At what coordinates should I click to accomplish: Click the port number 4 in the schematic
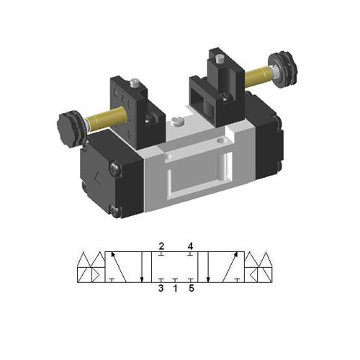(x=191, y=246)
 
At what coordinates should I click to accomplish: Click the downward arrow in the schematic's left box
(x=143, y=266)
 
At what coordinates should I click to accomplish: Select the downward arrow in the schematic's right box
(x=209, y=266)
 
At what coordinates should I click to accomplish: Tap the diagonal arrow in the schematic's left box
(x=119, y=266)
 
